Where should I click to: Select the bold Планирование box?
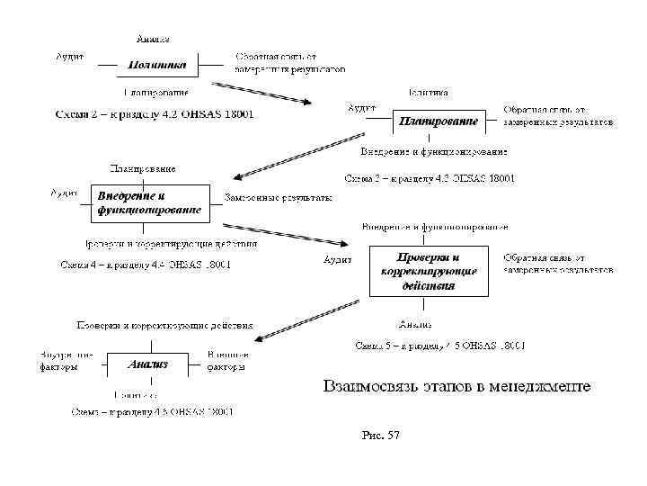(438, 120)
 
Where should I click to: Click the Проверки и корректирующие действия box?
(429, 271)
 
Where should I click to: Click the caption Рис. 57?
(380, 436)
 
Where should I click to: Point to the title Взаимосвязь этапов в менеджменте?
(456, 386)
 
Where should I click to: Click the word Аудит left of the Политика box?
(70, 56)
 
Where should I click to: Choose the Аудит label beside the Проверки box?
(337, 259)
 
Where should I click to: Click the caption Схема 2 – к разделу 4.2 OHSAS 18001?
(155, 114)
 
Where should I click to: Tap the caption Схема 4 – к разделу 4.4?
(145, 265)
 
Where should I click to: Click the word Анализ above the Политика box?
(153, 39)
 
